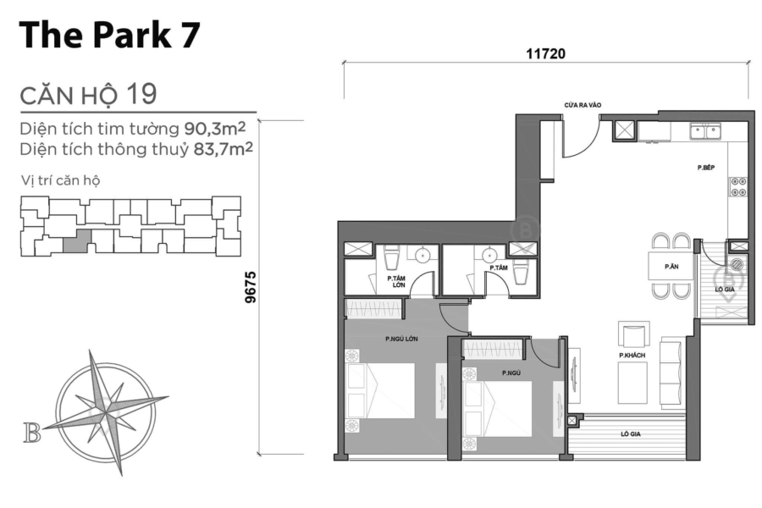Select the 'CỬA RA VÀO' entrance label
583,106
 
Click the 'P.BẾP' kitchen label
707,168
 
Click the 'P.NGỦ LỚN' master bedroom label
396,340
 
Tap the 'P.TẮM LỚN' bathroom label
395,281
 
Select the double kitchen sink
704,130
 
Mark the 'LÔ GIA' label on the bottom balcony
629,433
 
